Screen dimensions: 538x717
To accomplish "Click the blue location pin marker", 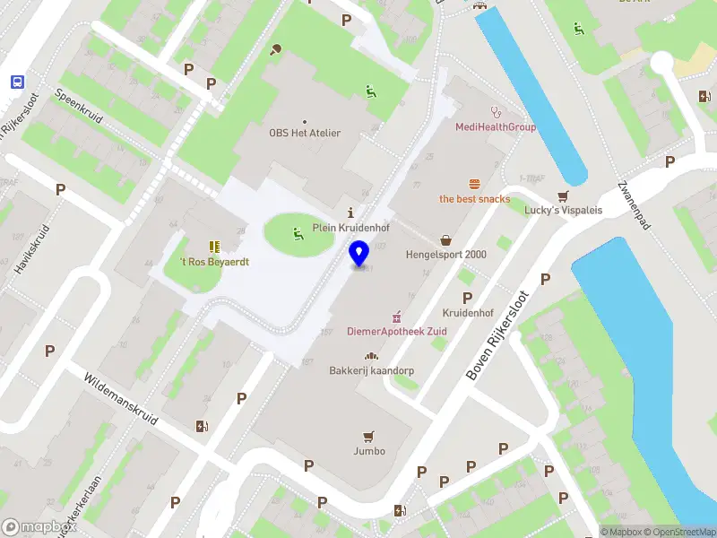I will (x=359, y=254).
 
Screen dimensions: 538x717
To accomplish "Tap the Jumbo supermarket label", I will (x=369, y=451).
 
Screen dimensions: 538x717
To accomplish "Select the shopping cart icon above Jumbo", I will (x=367, y=436).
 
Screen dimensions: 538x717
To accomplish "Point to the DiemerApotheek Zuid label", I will (x=396, y=332).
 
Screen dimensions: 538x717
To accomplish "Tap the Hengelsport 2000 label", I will (x=445, y=255).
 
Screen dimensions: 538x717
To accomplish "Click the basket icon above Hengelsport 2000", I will (x=445, y=239).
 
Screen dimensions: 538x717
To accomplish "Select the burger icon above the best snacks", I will (x=474, y=183).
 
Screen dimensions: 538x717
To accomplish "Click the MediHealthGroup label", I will (x=496, y=127).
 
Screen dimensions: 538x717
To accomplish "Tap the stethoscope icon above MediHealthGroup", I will (x=494, y=112).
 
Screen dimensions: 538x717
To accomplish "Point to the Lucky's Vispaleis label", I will (x=564, y=211).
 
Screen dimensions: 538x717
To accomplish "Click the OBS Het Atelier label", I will (x=305, y=133).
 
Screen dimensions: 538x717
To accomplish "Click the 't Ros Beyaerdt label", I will (x=214, y=262).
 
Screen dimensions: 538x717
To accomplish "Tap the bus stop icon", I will (x=17, y=81).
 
